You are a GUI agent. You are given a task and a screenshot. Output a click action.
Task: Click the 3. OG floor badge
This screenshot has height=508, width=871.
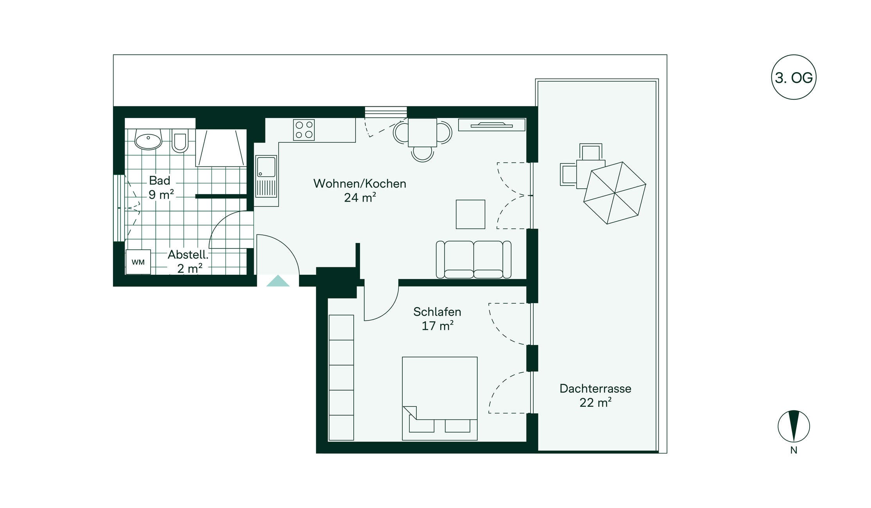pyautogui.click(x=794, y=77)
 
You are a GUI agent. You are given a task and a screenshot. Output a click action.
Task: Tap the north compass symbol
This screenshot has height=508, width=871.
pyautogui.click(x=794, y=426)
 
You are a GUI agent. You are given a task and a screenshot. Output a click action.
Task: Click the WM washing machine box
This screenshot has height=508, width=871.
pyautogui.click(x=138, y=262)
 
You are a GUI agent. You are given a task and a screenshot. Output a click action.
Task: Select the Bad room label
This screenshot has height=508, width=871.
pyautogui.click(x=160, y=181)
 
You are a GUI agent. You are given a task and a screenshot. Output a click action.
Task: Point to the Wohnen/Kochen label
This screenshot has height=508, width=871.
pyautogui.click(x=360, y=183)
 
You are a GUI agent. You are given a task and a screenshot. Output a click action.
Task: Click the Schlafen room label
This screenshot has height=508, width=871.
pyautogui.click(x=437, y=312)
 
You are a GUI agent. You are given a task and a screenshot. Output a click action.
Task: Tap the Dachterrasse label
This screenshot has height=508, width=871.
pyautogui.click(x=595, y=388)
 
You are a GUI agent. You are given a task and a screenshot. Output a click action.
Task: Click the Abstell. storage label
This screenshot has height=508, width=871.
pyautogui.click(x=188, y=255)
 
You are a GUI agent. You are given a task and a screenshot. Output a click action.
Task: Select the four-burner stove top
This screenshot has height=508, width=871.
pyautogui.click(x=304, y=130)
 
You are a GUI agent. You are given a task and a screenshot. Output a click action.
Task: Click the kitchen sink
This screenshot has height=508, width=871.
pyautogui.click(x=266, y=177)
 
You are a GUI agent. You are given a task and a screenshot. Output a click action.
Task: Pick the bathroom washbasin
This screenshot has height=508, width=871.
pyautogui.click(x=148, y=140)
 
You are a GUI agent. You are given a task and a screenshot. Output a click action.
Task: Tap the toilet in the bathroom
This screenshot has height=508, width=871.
pyautogui.click(x=180, y=140)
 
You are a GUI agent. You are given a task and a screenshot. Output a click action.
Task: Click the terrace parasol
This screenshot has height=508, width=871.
pyautogui.click(x=615, y=193)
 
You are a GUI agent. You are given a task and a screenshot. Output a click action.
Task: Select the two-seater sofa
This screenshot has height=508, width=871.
pyautogui.click(x=473, y=259)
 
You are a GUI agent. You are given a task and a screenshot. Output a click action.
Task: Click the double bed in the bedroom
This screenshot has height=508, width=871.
pyautogui.click(x=440, y=398)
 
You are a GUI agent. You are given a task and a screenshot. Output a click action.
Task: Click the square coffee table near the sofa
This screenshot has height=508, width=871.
pyautogui.click(x=470, y=214)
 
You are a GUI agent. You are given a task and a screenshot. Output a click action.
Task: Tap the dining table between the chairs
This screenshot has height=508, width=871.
pyautogui.click(x=422, y=132)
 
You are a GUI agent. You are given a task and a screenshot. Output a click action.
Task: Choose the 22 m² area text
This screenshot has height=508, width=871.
pyautogui.click(x=595, y=402)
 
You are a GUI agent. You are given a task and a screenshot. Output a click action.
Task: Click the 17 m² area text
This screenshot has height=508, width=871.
pyautogui.click(x=437, y=326)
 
